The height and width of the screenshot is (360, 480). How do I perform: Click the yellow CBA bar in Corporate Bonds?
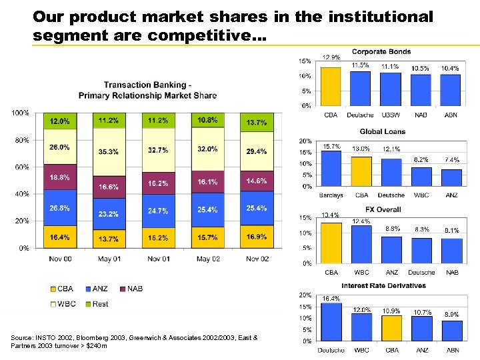tap(331, 86)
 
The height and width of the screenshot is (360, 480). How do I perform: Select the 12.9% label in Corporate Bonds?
tap(331, 57)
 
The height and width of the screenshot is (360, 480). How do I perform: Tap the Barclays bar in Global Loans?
tap(331, 169)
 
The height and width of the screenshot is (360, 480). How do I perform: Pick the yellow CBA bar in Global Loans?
tap(361, 172)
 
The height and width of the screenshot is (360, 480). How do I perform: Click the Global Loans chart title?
tap(382, 131)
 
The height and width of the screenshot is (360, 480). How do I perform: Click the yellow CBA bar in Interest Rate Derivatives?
tap(391, 328)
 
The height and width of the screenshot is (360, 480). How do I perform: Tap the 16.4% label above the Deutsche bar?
tap(331, 299)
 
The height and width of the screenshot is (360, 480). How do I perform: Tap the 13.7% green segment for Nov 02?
tap(257, 123)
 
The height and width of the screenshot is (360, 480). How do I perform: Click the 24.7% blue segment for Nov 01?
tap(158, 211)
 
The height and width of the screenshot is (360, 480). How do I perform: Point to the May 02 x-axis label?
tap(207, 259)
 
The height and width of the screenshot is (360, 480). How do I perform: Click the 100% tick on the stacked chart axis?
tap(20, 113)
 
